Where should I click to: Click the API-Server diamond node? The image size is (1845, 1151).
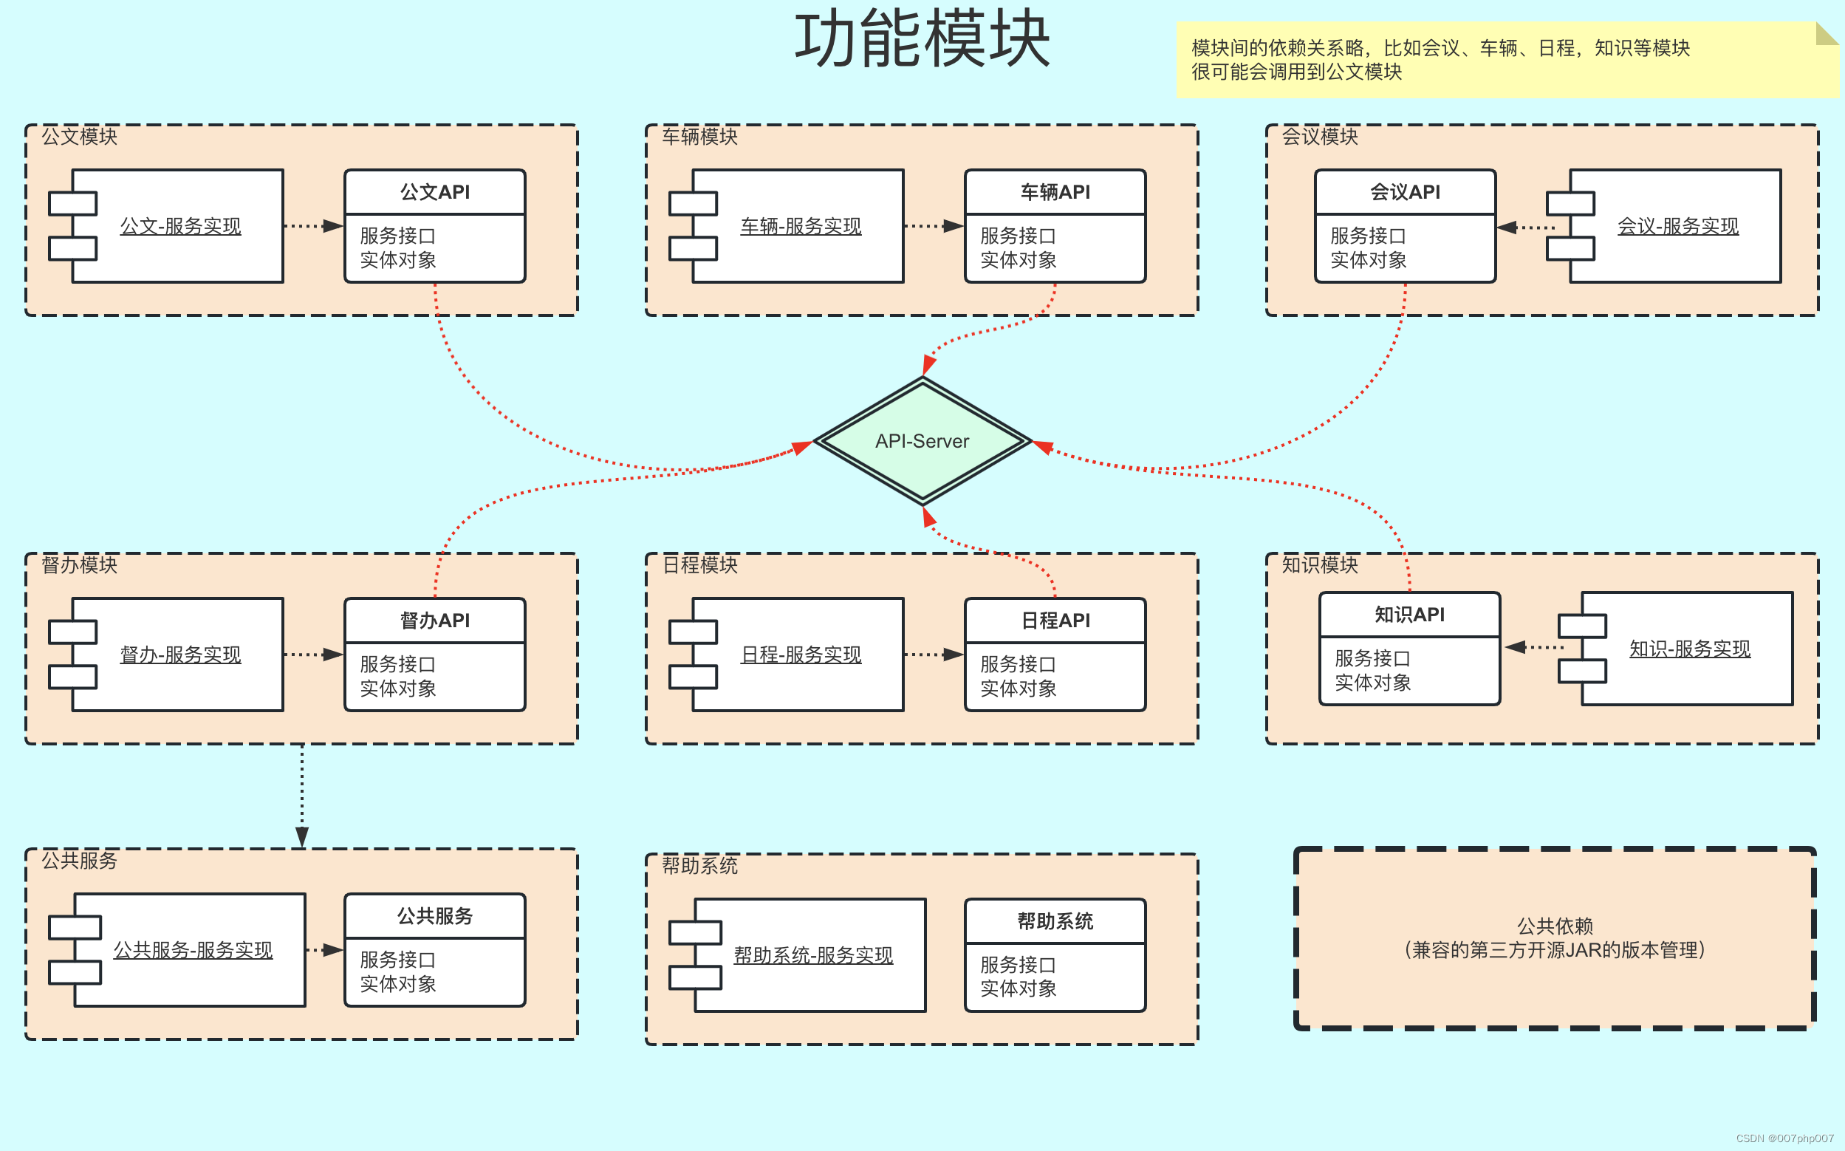(x=922, y=441)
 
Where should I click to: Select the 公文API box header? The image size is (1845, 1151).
(x=434, y=192)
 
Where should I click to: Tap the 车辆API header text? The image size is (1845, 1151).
(x=1055, y=192)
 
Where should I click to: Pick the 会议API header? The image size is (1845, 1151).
(x=1405, y=192)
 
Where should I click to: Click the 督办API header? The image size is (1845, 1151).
(x=434, y=621)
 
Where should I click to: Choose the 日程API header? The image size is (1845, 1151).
(x=1055, y=621)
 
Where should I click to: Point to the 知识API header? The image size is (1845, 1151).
(x=1409, y=615)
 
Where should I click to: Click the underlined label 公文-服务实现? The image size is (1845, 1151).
(x=180, y=226)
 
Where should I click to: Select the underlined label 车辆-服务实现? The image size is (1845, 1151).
(x=801, y=226)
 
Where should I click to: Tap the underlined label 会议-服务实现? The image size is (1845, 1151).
(x=1677, y=226)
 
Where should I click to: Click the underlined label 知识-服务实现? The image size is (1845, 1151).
(x=1689, y=649)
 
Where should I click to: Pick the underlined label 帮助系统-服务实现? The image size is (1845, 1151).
(x=812, y=955)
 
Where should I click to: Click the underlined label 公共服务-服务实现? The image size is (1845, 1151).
(x=193, y=950)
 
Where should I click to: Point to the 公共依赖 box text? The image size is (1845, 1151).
(x=1555, y=937)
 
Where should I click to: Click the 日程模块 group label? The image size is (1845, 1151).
(x=699, y=565)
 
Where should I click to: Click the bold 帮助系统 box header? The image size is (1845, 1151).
(x=1055, y=921)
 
